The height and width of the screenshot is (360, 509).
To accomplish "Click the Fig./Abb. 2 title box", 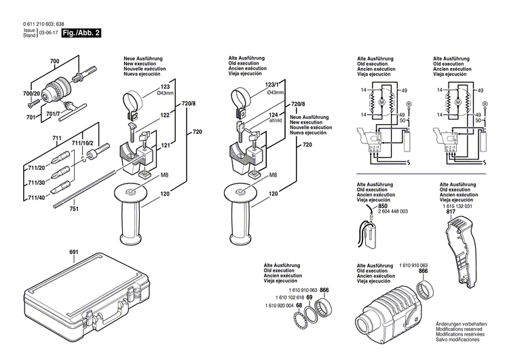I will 80,33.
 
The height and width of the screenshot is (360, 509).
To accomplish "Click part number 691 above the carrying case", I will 74,253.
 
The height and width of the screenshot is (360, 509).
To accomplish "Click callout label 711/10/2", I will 83,143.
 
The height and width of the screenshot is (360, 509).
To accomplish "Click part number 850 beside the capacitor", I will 383,205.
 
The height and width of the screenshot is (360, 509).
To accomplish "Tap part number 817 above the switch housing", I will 451,212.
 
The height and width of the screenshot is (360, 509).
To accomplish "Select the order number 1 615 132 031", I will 461,206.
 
